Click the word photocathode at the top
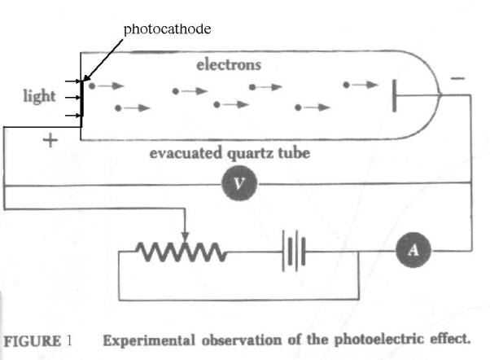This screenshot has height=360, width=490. (167, 29)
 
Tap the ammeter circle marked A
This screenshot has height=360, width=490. (413, 251)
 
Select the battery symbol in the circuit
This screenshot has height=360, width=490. (294, 251)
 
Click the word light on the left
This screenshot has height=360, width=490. (39, 96)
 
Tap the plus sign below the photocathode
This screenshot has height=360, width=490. (50, 141)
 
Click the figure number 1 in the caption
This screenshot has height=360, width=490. (71, 340)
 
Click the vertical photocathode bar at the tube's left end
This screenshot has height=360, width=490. (81, 99)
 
